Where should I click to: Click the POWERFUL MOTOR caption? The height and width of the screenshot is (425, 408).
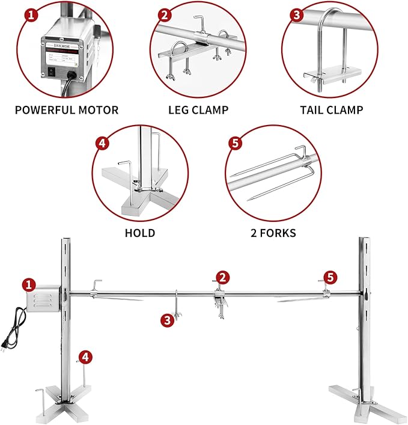point(67,110)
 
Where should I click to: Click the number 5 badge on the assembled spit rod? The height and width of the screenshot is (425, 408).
point(329,277)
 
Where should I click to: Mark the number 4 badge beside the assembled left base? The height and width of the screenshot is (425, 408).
point(86,357)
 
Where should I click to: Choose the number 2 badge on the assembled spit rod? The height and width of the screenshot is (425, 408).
point(223,277)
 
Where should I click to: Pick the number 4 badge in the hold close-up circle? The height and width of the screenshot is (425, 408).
point(103,144)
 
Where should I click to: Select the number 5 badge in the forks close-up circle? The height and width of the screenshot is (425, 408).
point(235,144)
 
